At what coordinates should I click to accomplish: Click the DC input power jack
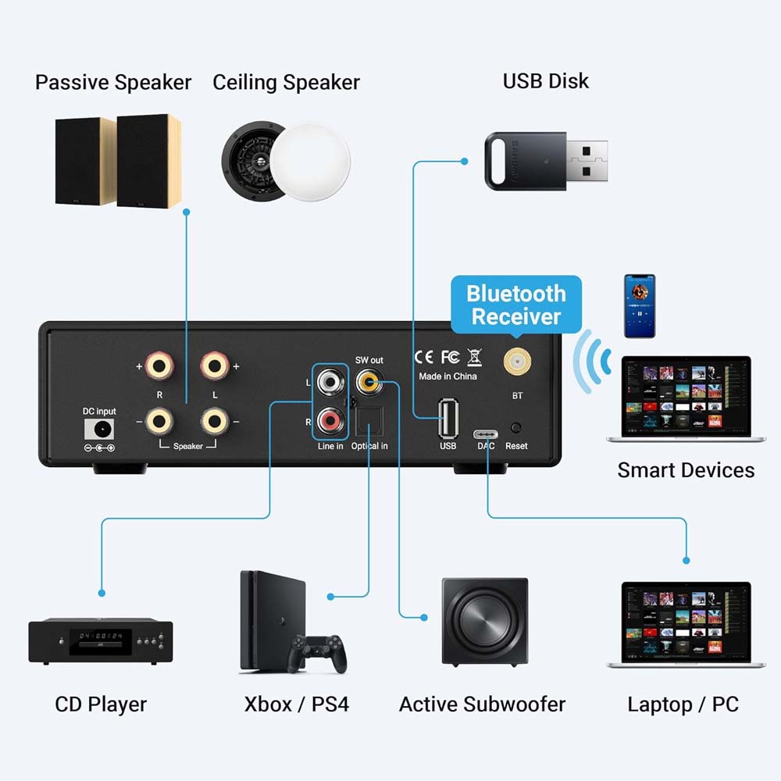click(x=99, y=429)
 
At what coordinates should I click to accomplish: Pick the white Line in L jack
click(x=330, y=382)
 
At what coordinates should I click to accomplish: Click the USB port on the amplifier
click(x=448, y=418)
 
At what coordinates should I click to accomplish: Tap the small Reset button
click(x=516, y=428)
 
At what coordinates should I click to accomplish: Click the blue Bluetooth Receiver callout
click(x=515, y=305)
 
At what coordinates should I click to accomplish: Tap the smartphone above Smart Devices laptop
click(x=639, y=305)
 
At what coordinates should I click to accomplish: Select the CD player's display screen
click(x=99, y=636)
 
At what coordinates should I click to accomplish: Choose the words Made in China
click(x=448, y=376)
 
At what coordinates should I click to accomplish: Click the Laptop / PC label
click(x=683, y=704)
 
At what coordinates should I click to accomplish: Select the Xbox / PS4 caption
click(x=296, y=704)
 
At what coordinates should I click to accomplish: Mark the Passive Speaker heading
click(x=113, y=82)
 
